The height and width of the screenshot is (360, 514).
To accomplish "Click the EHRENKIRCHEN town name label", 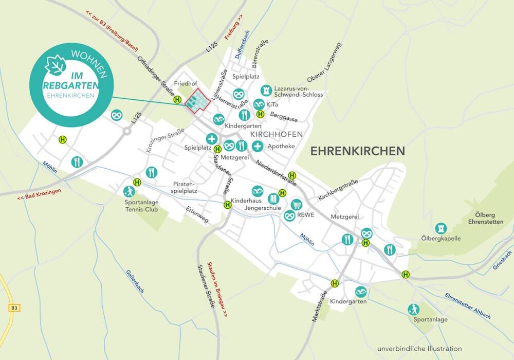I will [358, 151].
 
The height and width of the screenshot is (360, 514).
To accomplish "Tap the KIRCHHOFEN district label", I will [276, 134].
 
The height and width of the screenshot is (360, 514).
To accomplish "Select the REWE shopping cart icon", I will [296, 205].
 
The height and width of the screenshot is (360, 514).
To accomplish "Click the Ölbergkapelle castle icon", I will [440, 228].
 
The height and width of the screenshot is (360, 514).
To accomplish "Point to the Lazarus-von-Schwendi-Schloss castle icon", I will [266, 91].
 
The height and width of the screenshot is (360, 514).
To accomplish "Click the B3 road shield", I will [14, 308].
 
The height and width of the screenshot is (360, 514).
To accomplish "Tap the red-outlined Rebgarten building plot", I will [198, 100].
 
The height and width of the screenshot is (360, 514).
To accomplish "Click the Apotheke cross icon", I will [257, 146].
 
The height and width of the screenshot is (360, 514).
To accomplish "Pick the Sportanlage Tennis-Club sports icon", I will [128, 192].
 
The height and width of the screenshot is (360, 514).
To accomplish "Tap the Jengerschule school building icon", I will [272, 198].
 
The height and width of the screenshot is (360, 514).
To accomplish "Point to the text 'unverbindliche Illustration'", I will [419, 348].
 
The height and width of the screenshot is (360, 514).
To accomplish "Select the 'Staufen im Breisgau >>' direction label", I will [217, 289].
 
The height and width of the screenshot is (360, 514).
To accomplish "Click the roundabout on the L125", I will [126, 131].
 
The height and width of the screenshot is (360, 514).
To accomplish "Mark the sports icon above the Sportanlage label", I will [413, 310].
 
